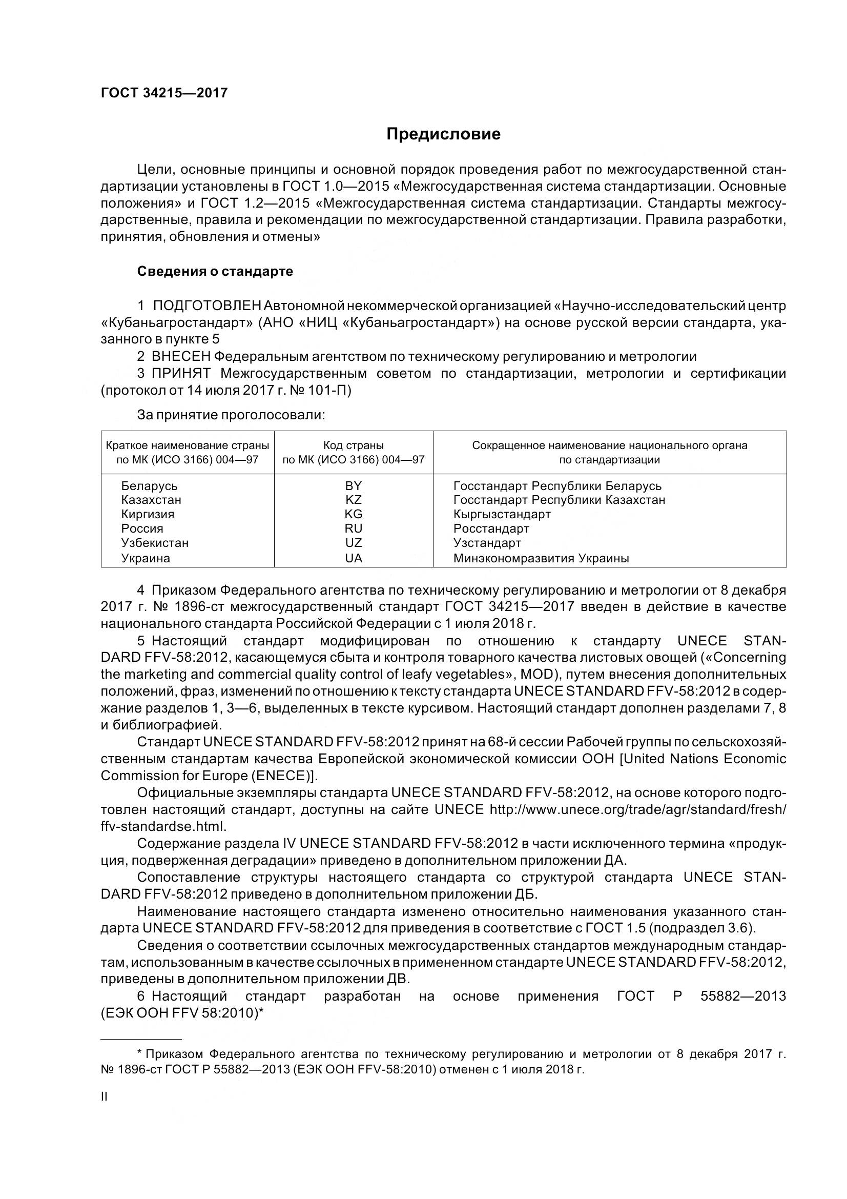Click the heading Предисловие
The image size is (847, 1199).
(x=443, y=134)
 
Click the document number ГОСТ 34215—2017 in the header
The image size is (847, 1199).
(x=164, y=93)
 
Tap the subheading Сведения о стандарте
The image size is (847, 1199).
(x=215, y=272)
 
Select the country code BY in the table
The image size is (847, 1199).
(x=354, y=485)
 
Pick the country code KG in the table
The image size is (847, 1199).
(x=354, y=514)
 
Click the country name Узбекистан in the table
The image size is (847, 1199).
(x=155, y=542)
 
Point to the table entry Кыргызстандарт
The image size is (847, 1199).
(x=502, y=514)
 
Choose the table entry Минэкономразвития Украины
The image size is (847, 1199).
(x=541, y=558)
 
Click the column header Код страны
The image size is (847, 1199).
(x=354, y=445)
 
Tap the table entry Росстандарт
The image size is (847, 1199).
(x=491, y=529)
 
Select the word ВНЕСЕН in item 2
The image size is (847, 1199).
(x=181, y=357)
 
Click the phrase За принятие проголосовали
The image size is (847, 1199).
(x=231, y=415)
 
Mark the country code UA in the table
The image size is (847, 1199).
(x=354, y=558)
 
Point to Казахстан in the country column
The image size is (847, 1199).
(x=151, y=500)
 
